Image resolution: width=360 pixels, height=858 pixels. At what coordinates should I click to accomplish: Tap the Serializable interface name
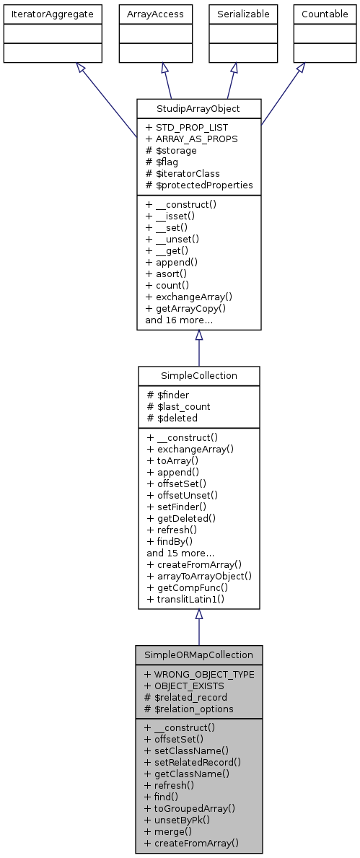click(243, 14)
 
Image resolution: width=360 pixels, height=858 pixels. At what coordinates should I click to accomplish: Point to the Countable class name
click(324, 14)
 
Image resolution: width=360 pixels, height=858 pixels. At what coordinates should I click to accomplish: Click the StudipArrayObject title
click(198, 109)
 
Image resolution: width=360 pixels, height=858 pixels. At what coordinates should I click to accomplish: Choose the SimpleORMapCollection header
click(198, 655)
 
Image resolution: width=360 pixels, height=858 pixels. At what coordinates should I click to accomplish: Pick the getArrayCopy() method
click(185, 308)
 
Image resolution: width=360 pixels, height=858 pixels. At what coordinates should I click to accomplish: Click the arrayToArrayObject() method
click(199, 576)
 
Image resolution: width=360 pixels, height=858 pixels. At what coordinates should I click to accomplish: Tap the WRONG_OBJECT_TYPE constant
click(199, 673)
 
